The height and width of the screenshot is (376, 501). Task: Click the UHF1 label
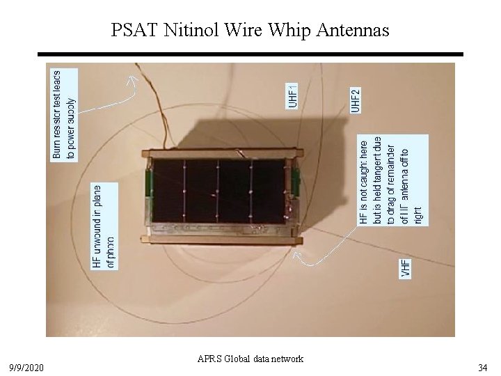293,95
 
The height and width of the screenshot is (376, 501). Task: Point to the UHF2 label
355,100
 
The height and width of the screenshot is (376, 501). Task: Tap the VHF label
405,269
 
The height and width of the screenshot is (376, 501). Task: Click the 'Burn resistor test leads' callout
64,113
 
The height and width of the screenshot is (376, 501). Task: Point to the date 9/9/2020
26,364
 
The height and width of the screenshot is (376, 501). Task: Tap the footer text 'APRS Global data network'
250,359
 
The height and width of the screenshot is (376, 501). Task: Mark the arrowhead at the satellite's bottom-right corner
298,256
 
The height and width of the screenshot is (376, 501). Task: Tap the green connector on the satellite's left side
148,182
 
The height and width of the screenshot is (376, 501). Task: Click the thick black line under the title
250,54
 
